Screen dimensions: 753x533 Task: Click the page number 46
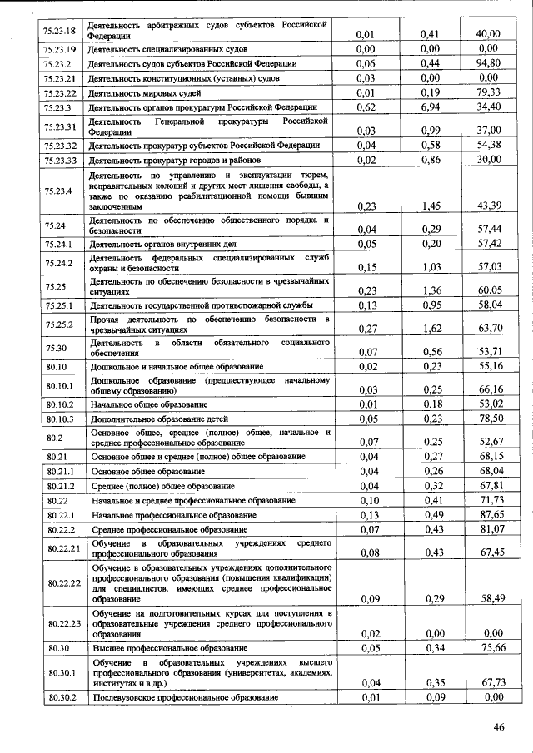point(499,727)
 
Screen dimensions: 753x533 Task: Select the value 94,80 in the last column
point(487,62)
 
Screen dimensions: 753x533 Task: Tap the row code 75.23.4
point(57,191)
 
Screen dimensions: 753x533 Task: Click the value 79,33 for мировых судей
point(487,92)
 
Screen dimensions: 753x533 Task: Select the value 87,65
point(487,515)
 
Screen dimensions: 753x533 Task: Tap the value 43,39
point(487,205)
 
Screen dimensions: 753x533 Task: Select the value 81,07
point(487,530)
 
